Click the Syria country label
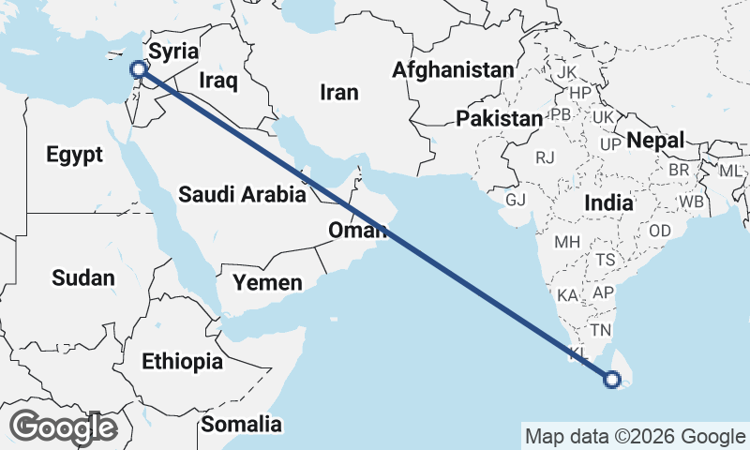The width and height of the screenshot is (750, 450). (x=174, y=50)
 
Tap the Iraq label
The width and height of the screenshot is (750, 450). (x=218, y=81)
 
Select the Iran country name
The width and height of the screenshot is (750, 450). (x=339, y=92)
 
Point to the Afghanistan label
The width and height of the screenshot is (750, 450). (x=454, y=69)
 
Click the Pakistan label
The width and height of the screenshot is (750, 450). (x=500, y=119)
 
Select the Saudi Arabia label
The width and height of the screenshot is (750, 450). (x=242, y=195)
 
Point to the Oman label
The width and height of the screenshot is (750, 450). (x=357, y=231)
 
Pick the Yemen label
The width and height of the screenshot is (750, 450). (x=268, y=282)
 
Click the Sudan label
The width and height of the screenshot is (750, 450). (x=82, y=277)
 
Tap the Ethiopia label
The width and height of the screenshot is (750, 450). (x=182, y=361)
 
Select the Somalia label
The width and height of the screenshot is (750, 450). (x=242, y=424)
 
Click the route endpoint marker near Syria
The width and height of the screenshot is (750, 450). (x=138, y=68)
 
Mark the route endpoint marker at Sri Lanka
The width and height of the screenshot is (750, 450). (x=611, y=380)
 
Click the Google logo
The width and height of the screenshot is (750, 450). (x=64, y=427)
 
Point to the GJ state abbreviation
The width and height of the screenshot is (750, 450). (x=516, y=201)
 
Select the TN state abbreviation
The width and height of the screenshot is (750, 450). (x=600, y=330)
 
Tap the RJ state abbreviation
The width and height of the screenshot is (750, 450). (x=546, y=157)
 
